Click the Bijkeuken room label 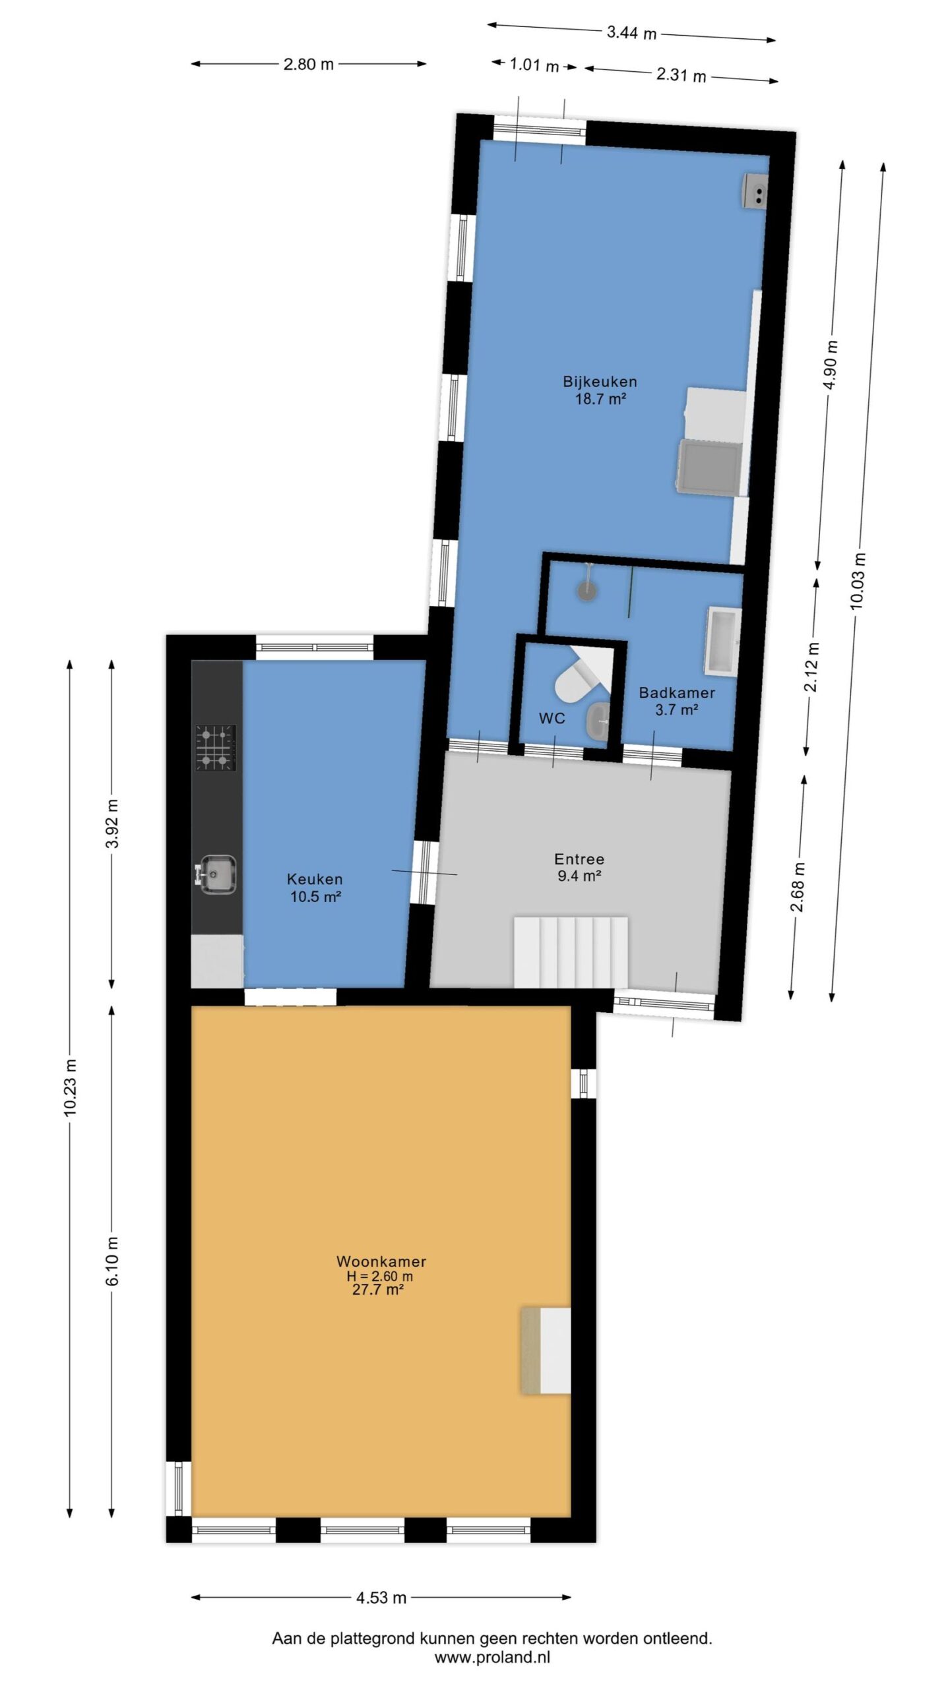(600, 382)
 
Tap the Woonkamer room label (381, 1261)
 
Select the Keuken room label (315, 880)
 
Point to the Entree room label (579, 859)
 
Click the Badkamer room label (677, 693)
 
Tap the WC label (552, 718)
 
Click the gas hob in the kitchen (215, 748)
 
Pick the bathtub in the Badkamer (723, 641)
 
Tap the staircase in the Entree (571, 951)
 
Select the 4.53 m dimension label (381, 1598)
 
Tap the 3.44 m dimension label (631, 32)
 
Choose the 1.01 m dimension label (534, 65)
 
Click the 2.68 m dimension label (798, 887)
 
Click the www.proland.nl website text (492, 1657)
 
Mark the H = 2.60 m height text (380, 1276)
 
